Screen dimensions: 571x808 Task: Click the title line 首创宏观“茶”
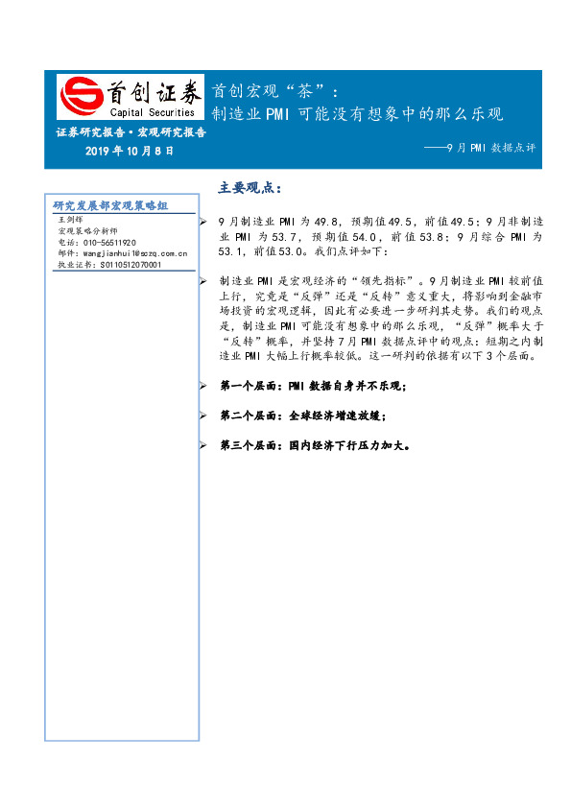[274, 92]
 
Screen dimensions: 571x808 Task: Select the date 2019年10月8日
[130, 152]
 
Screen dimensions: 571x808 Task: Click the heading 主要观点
[250, 187]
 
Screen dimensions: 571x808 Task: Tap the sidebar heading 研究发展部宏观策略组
[110, 205]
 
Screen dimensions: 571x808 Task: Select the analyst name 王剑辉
[71, 220]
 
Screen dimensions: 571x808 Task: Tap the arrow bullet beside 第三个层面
[202, 445]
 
